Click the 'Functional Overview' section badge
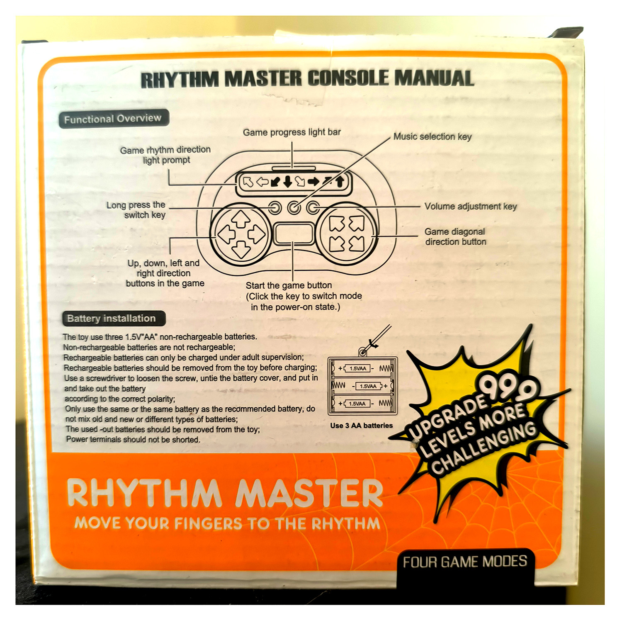coord(114,119)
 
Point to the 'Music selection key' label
coord(432,136)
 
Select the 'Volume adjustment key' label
coord(471,206)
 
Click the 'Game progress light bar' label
coord(292,132)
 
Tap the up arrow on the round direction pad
coord(241,219)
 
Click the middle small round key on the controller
coord(294,207)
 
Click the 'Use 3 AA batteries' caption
coord(362,426)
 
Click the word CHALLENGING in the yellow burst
coord(484,448)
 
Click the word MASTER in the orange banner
coord(309,493)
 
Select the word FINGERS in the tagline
coord(208,523)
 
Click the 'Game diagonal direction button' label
coord(455,237)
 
